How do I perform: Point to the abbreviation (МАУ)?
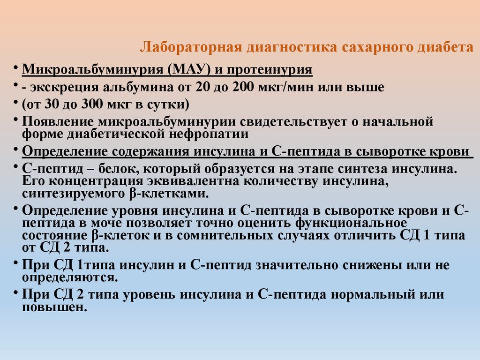(187, 70)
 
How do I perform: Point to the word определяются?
(69, 277)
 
